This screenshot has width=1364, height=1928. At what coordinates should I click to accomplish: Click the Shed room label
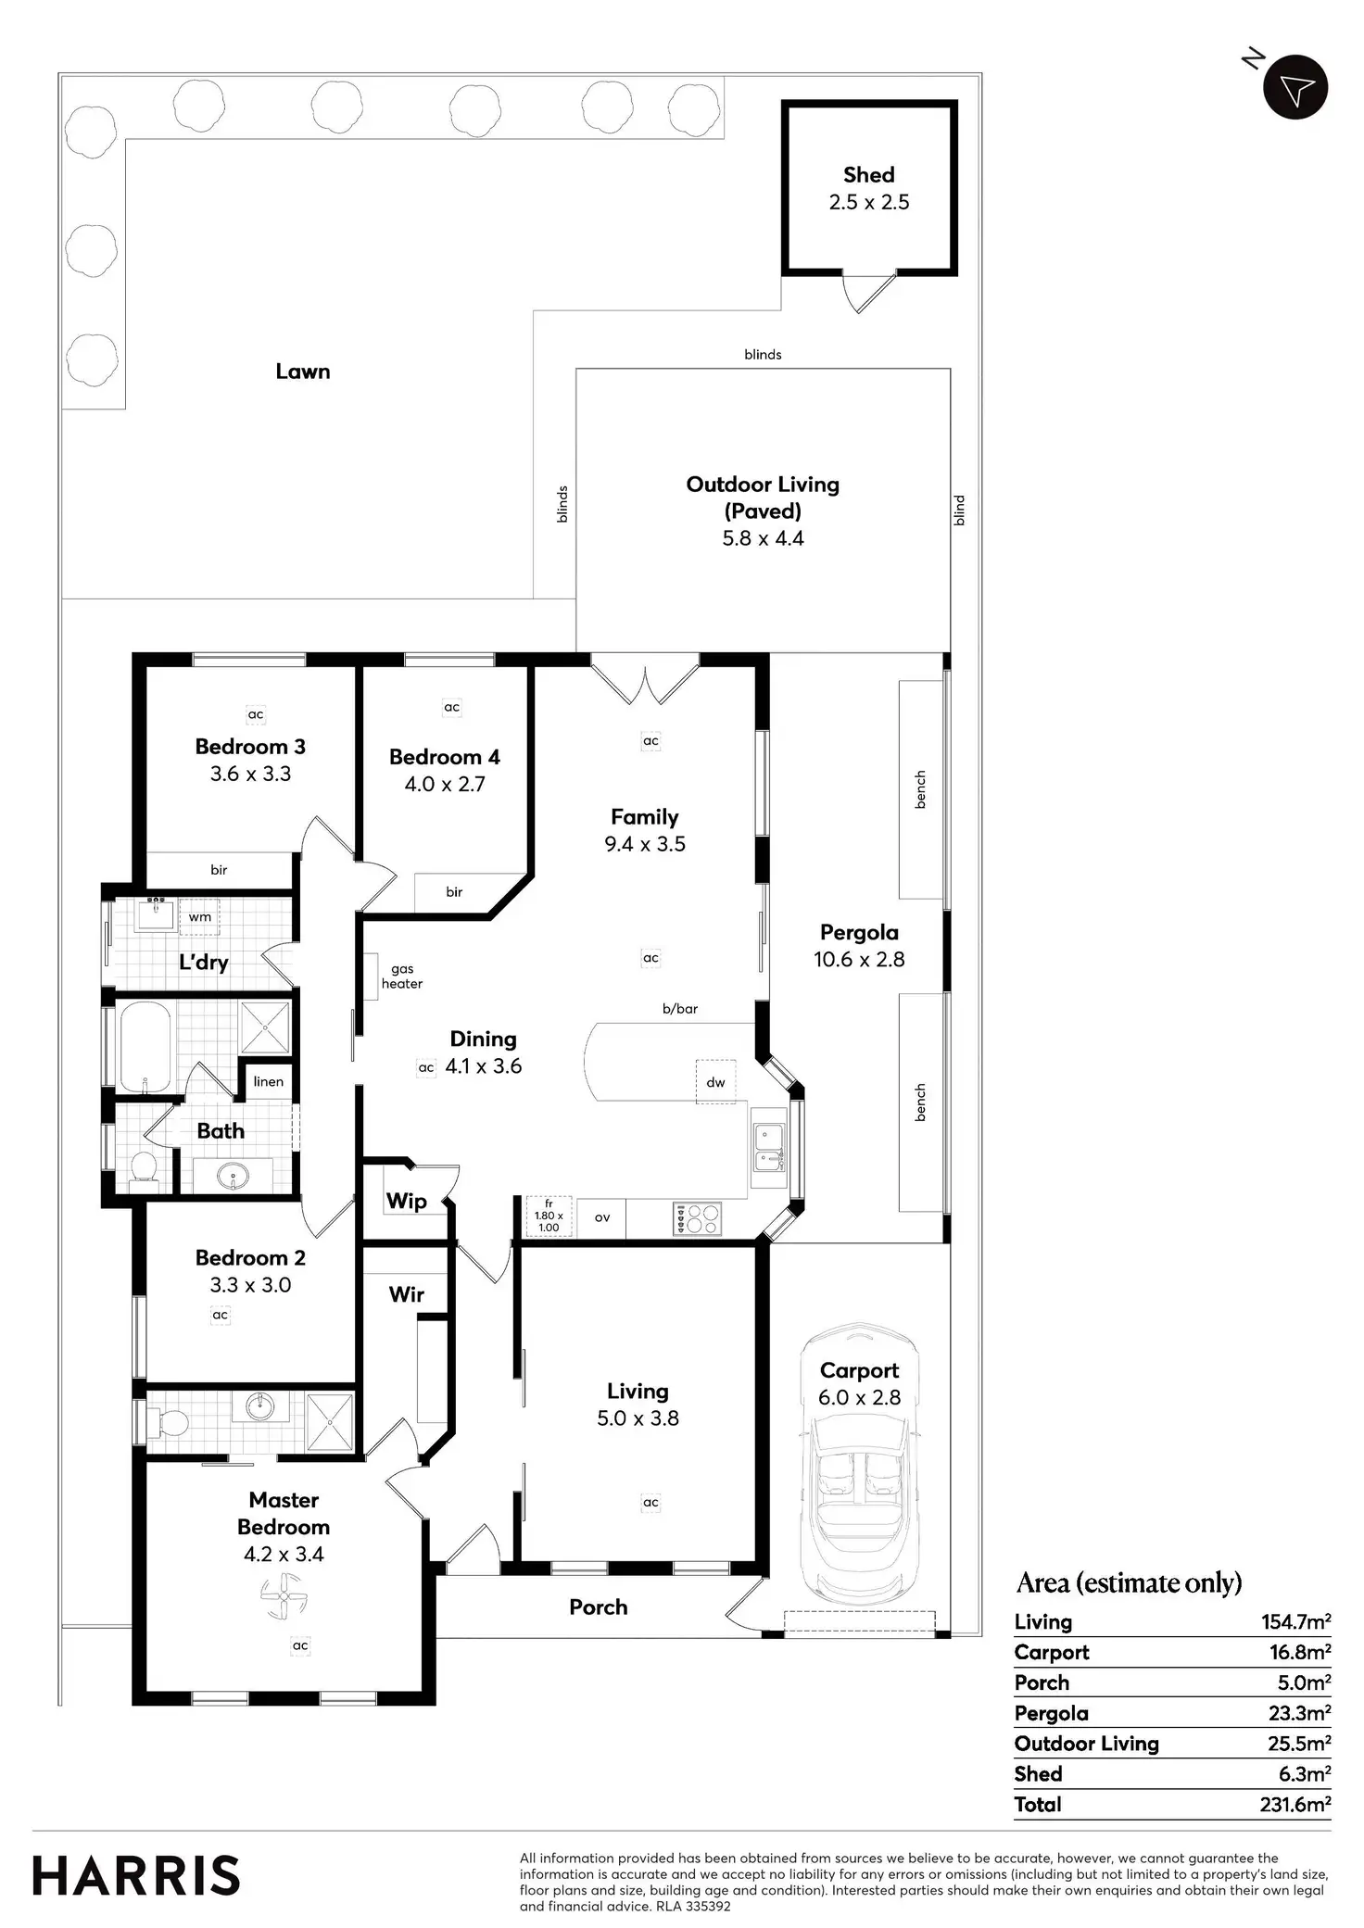pos(868,175)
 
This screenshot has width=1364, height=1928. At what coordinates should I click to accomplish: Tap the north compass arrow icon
pos(1295,89)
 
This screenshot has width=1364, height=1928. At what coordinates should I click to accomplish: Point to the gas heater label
pos(402,977)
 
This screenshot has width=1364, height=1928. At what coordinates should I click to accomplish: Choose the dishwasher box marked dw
pos(715,1081)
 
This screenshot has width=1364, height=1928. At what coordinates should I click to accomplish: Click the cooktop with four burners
pos(697,1218)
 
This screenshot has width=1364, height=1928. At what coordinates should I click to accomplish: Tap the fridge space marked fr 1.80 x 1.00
pos(549,1216)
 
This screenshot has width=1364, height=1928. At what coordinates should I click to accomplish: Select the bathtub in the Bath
pos(145,1046)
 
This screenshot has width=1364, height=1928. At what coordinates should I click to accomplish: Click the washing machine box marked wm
pos(200,916)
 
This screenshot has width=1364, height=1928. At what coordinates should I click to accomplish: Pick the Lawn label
pos(303,372)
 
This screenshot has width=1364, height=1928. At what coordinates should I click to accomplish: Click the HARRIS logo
pos(136,1875)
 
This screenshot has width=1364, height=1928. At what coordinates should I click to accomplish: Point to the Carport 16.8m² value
pos(1299,1652)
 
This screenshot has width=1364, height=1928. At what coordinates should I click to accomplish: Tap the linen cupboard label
pos(269,1081)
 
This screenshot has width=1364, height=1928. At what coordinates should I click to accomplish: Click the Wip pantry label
pos(406,1201)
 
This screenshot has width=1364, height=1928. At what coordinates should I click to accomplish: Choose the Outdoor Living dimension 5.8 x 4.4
pos(763,538)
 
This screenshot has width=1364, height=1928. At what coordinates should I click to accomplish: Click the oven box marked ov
pos(602,1217)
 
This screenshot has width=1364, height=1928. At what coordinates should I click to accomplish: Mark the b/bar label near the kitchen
pos(680,1009)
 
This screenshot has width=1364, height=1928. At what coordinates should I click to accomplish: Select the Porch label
pos(598,1607)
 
